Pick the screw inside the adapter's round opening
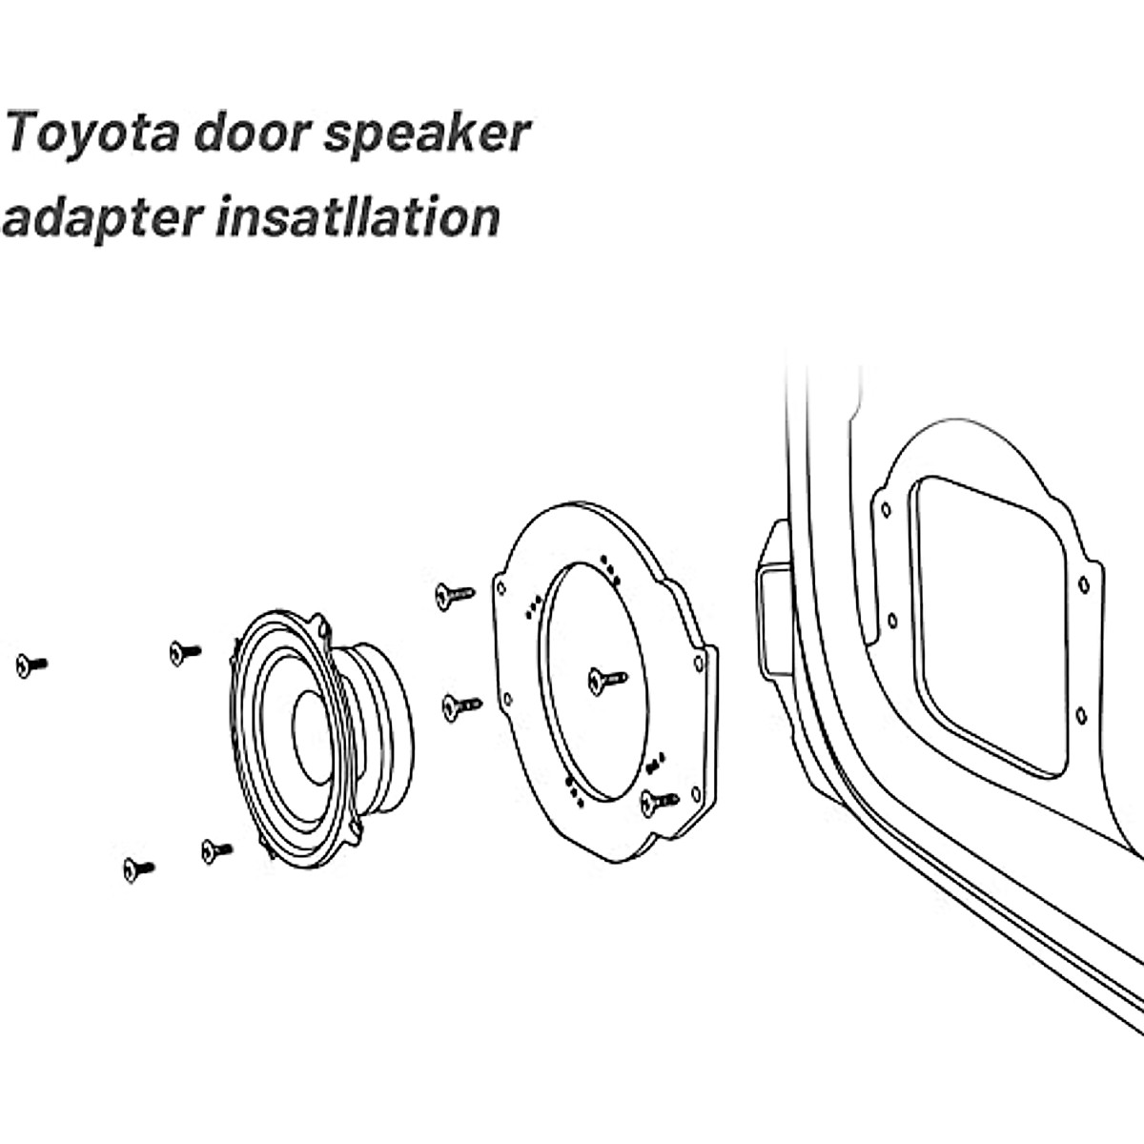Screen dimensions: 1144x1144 (604, 680)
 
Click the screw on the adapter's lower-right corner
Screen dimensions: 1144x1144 (658, 802)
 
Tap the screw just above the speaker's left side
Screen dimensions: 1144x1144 (183, 652)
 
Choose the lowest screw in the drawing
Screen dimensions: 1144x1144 (137, 868)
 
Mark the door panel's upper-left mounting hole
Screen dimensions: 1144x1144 (887, 509)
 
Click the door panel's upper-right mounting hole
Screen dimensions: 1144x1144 (1084, 584)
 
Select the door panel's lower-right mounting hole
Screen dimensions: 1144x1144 (1081, 714)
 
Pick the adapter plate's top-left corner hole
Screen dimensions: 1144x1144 (500, 584)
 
